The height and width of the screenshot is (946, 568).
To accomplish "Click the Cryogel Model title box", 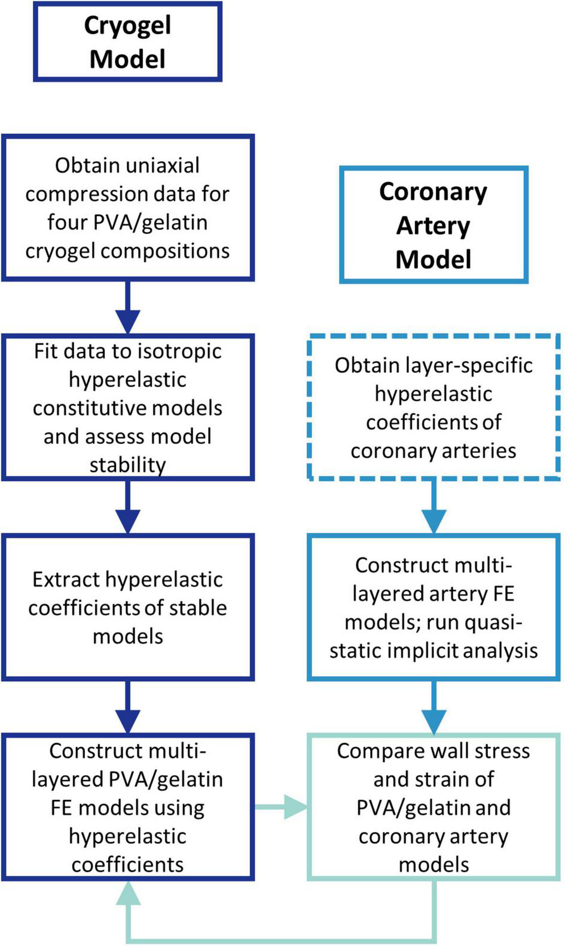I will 127,42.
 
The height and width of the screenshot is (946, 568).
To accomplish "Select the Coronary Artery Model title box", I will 433,225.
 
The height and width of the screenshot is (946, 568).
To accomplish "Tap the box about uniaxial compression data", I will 127,207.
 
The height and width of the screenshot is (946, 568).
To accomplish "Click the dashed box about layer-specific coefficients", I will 433,408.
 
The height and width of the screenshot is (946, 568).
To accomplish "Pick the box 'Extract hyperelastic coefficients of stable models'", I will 127,607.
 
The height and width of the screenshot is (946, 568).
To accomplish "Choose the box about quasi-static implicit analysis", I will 433,607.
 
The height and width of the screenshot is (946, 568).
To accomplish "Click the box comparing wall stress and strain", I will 433,807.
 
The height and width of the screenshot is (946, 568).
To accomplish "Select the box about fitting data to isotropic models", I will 127,408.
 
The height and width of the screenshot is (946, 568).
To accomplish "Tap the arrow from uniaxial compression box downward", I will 127,307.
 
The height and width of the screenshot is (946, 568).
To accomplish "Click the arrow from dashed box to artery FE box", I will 433,507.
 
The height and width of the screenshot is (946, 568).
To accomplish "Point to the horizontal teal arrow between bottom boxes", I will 281,807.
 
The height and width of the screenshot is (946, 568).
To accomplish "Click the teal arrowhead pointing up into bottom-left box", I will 127,894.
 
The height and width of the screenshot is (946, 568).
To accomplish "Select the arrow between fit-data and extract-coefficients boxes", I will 127,507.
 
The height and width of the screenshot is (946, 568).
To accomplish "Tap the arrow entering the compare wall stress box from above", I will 433,707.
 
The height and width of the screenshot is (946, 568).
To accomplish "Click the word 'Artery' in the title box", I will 433,225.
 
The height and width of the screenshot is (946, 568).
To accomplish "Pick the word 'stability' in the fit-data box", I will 127,464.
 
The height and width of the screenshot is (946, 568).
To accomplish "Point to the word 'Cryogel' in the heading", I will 127,26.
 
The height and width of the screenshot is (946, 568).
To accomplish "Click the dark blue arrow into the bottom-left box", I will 127,707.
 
